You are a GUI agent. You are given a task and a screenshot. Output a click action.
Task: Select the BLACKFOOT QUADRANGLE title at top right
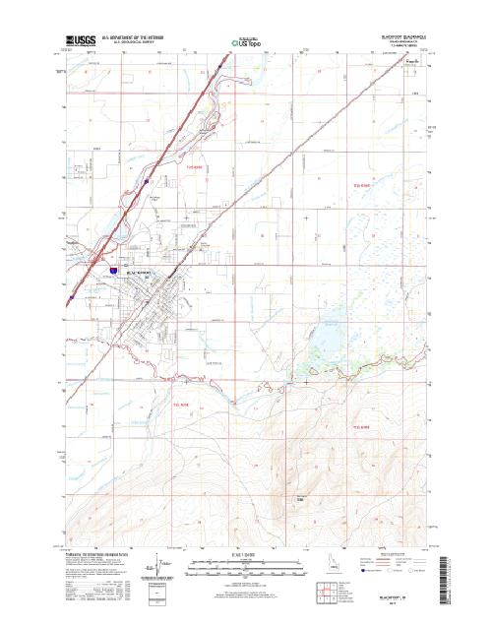pos(402,34)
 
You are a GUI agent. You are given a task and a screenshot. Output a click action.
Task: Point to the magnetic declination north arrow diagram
pos(154,569)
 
